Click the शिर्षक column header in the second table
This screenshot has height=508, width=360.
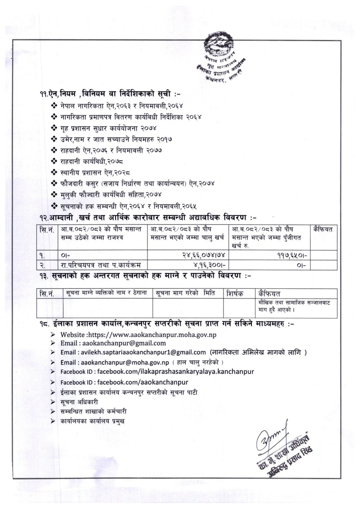pyautogui.click(x=234, y=294)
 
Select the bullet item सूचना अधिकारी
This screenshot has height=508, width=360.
pyautogui.click(x=79, y=402)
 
